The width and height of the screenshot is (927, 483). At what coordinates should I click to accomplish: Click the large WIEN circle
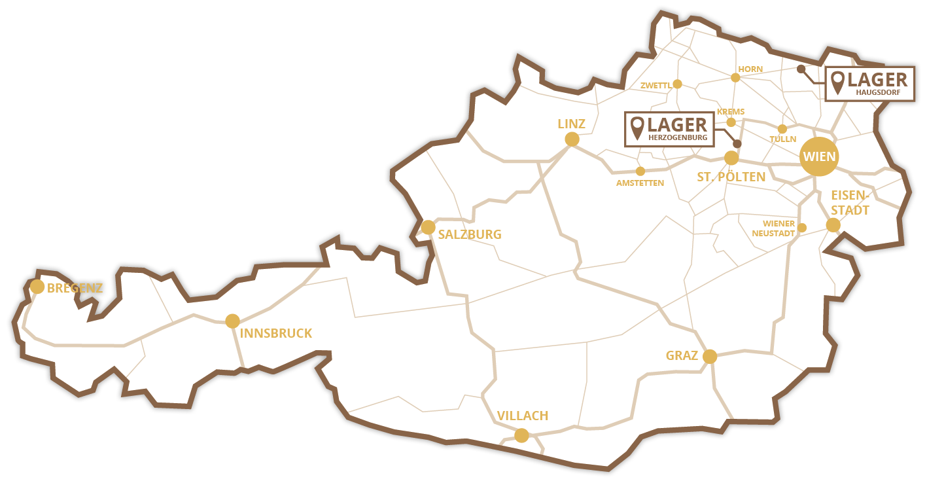tap(818, 157)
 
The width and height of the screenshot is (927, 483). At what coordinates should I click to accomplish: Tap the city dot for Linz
tap(572, 139)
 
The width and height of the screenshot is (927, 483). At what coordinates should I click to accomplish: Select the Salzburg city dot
tap(428, 227)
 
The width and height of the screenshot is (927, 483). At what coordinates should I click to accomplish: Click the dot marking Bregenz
tap(37, 287)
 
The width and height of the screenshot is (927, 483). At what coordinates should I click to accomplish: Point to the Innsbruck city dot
tap(232, 321)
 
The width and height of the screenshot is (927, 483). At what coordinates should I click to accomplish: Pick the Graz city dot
tap(710, 357)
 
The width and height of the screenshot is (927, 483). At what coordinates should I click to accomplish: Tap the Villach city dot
tap(521, 435)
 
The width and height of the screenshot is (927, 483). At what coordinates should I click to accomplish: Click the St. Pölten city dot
tap(731, 158)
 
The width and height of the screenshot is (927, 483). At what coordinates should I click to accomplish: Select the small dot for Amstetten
tap(640, 171)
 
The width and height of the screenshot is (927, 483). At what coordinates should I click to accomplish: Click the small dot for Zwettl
tap(677, 84)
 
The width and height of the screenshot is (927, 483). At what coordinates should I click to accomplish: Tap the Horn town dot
tap(735, 77)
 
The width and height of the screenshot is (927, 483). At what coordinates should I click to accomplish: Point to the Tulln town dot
tap(782, 129)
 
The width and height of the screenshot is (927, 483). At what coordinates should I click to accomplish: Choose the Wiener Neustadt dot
tap(802, 228)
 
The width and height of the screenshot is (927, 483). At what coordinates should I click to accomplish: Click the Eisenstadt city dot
tap(833, 225)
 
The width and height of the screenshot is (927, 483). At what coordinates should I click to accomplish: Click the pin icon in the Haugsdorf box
tap(837, 82)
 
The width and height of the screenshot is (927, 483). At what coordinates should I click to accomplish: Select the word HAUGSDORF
tap(877, 94)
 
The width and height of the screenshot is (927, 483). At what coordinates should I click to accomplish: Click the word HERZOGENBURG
tap(677, 138)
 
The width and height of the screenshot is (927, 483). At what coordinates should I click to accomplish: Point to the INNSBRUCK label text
tap(276, 334)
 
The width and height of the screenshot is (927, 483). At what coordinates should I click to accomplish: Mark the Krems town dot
tap(731, 122)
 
